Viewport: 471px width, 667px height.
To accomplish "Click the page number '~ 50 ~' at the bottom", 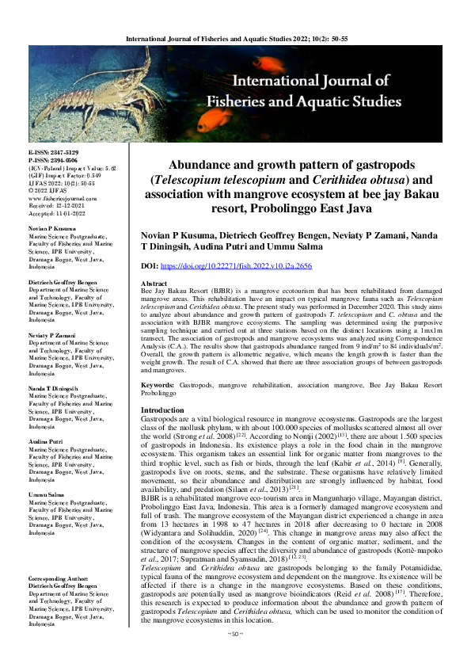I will pos(235,656).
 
